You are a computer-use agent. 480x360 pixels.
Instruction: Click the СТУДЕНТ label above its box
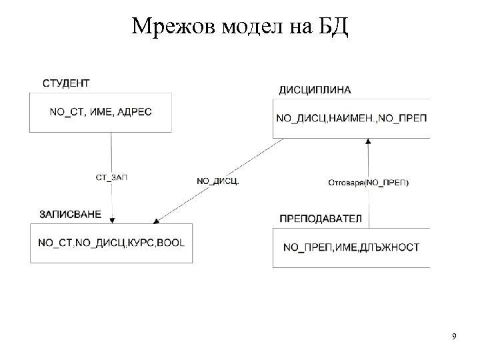[x=66, y=83]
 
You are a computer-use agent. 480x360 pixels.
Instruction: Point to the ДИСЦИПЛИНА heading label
[x=315, y=90]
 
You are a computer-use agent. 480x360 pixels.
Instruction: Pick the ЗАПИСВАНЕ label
[x=71, y=214]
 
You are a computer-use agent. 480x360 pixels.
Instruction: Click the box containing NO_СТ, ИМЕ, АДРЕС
[x=100, y=112]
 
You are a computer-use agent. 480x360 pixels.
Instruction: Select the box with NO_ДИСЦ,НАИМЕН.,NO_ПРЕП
[x=351, y=117]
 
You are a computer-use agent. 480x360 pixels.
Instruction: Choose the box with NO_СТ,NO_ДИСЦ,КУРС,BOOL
[x=111, y=243]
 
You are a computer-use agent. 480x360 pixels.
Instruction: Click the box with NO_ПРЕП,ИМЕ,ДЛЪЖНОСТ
[x=351, y=247]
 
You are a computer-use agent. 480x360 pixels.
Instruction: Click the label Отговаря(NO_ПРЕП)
[x=369, y=182]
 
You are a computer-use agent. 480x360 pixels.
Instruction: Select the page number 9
[x=454, y=335]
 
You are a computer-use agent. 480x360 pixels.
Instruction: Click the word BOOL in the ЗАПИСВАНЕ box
[x=171, y=243]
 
